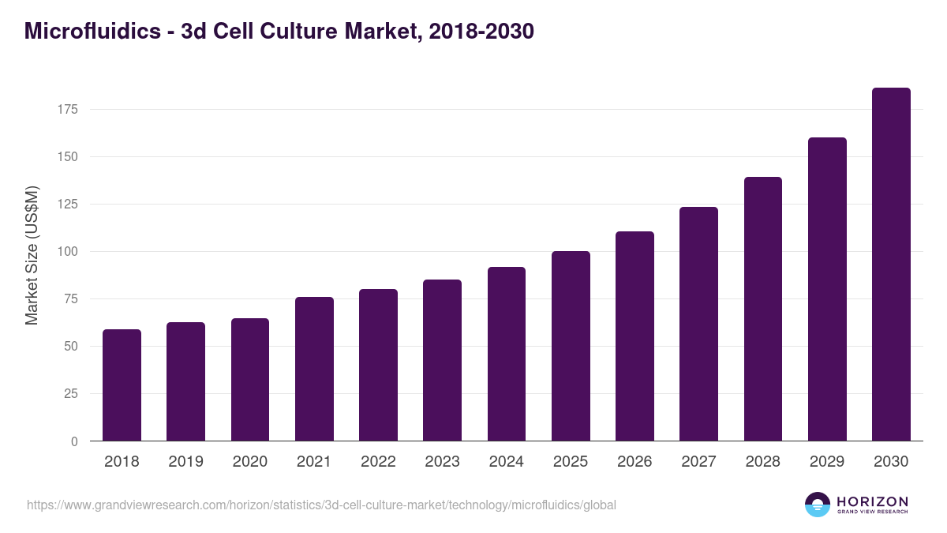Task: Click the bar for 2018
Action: [x=122, y=385]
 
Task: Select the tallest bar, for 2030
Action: [x=891, y=265]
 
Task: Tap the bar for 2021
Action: [x=314, y=369]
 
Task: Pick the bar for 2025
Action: [x=571, y=346]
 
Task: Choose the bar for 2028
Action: [x=763, y=309]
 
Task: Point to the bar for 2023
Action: [x=442, y=360]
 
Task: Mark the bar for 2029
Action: [x=827, y=289]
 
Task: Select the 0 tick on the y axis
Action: [x=74, y=441]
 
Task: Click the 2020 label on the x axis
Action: [x=249, y=462]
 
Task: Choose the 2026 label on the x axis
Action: [x=634, y=462]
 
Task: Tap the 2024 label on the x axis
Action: [x=506, y=462]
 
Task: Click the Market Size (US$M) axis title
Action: [x=32, y=255]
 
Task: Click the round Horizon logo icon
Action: [x=818, y=505]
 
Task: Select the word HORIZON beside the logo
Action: [x=872, y=501]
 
